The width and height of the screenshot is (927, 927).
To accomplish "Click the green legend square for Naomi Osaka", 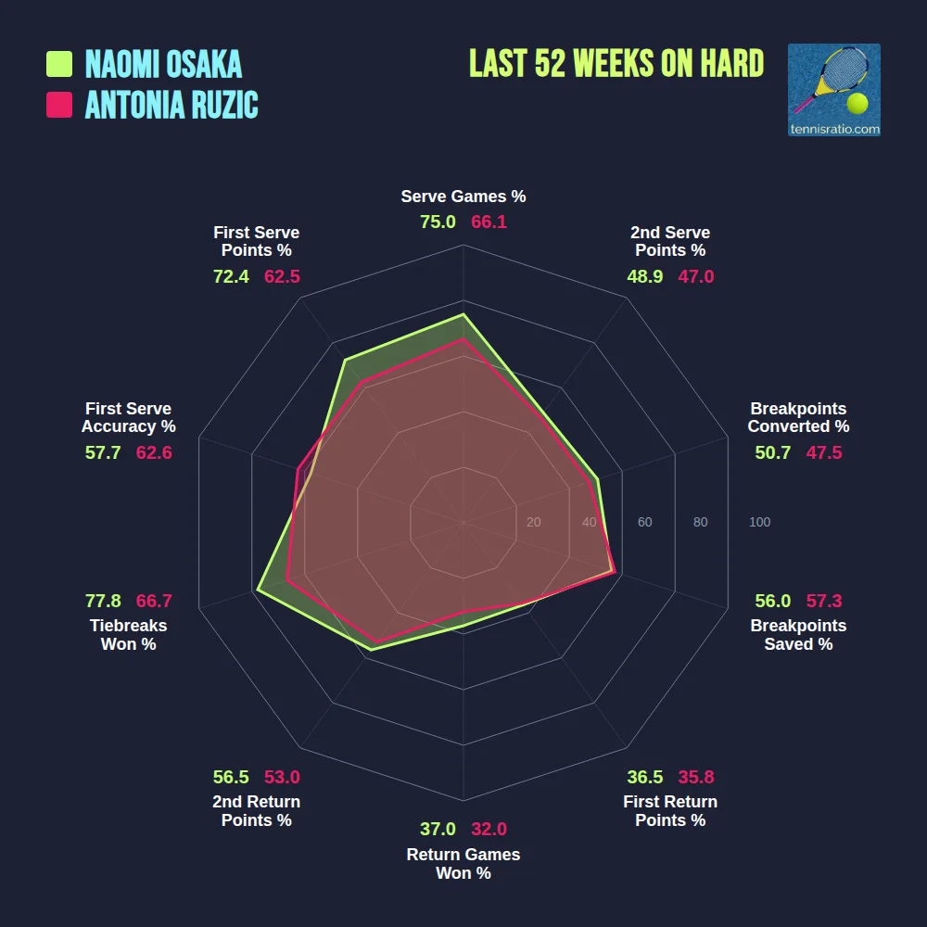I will click(x=59, y=64).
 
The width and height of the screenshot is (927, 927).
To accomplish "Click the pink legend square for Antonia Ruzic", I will click(x=59, y=105).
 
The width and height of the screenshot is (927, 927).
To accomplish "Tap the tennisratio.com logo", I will click(x=833, y=90).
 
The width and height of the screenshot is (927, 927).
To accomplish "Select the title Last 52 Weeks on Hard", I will click(x=616, y=63).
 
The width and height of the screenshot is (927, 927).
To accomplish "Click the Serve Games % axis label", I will click(x=463, y=197).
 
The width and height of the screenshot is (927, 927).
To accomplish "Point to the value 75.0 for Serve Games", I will click(x=438, y=222).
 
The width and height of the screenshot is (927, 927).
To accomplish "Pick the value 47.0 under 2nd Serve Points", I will click(x=696, y=276).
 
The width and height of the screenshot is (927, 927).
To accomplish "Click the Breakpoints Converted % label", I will click(x=798, y=417).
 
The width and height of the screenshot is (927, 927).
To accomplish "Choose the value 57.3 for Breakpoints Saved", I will click(x=824, y=601).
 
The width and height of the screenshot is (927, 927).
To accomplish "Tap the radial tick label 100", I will click(x=759, y=523).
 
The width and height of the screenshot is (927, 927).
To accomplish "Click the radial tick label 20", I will click(x=533, y=523).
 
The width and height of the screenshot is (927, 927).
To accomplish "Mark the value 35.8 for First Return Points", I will click(x=695, y=777).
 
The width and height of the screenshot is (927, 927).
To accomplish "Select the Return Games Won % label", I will click(x=463, y=864).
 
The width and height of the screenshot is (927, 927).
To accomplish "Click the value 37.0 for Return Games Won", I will click(x=438, y=830).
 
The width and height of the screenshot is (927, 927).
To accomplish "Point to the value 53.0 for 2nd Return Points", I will click(x=282, y=777).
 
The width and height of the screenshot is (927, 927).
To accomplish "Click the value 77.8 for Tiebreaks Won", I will click(x=103, y=601).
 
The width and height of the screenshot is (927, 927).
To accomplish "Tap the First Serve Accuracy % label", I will click(x=129, y=417).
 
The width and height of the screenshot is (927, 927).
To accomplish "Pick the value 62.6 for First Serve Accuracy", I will click(x=154, y=452).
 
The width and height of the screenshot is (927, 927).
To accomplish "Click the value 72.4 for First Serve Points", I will click(x=231, y=276).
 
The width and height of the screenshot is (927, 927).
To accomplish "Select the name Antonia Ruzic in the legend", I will click(x=171, y=105).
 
